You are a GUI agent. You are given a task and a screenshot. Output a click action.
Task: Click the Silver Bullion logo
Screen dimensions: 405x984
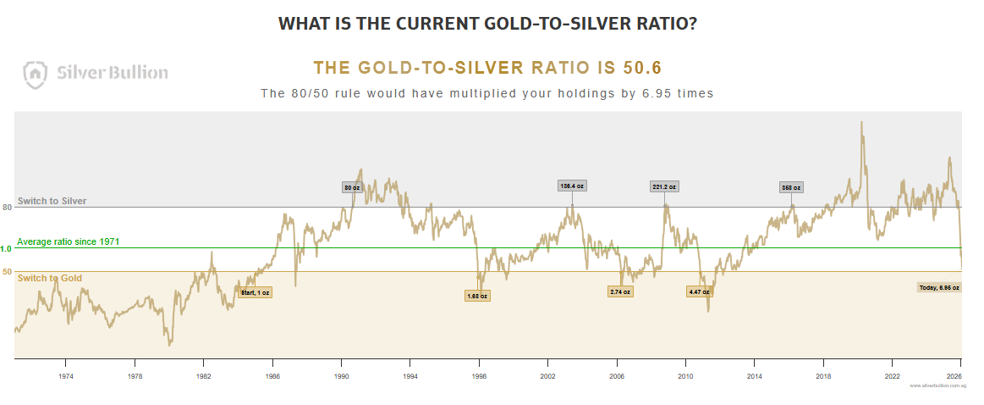[x=96, y=73]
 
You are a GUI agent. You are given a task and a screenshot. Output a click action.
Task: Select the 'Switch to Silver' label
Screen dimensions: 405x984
[x=52, y=202]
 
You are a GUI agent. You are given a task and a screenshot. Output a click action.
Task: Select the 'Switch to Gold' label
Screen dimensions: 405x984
[x=49, y=278]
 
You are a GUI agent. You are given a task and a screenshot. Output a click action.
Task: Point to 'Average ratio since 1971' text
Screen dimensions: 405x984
[x=68, y=241]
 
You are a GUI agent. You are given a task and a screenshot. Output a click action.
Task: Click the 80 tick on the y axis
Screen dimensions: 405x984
[x=7, y=207]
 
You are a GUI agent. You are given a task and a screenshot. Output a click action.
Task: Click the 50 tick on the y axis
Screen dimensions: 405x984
[x=7, y=272]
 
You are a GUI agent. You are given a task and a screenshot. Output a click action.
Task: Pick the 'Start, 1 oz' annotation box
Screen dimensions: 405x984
[x=255, y=292]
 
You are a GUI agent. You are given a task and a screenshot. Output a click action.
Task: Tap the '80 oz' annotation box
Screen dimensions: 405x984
[x=352, y=187]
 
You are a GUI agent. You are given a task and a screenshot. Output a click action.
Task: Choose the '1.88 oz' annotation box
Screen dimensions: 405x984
[x=477, y=296]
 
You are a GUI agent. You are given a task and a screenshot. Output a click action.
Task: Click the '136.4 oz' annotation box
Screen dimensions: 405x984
[x=573, y=186]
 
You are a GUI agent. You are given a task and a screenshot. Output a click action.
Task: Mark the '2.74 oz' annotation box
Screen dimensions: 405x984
[x=620, y=291]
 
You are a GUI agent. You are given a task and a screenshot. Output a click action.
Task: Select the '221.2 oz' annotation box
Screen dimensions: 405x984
[x=664, y=186]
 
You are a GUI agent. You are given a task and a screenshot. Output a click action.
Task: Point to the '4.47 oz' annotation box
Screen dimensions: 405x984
[x=699, y=291]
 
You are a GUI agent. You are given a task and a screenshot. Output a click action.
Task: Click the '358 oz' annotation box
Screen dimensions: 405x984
[x=791, y=187]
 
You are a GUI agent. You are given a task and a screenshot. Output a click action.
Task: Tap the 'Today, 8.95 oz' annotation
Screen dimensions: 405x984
[x=939, y=287]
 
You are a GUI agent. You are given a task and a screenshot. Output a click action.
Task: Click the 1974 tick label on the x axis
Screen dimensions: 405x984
[x=65, y=374]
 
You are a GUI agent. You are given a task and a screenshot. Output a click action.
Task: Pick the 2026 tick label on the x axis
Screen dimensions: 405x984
[x=954, y=374]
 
